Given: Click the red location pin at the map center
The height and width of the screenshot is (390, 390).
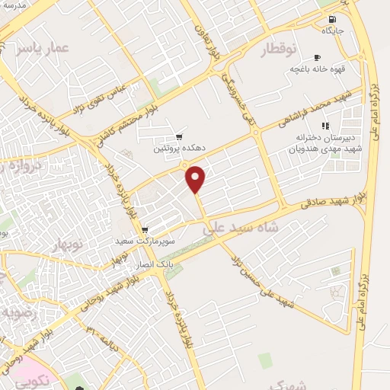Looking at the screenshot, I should pos(197,177).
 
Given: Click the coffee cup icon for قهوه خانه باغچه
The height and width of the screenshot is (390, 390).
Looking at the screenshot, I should pos(317,57).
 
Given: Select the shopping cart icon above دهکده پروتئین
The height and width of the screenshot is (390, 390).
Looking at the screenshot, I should pos(179,137).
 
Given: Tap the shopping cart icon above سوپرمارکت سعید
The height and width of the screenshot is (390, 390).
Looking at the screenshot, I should pos(145,229).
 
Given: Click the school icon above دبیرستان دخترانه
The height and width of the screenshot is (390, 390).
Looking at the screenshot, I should pos(325,126).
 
